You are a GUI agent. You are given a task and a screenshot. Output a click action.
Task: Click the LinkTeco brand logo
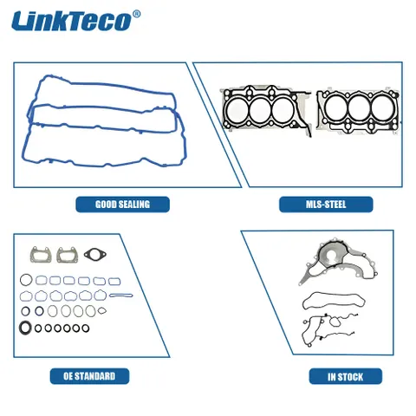click(75, 21)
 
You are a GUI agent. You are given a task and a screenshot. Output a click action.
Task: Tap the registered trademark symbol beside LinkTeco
click(136, 14)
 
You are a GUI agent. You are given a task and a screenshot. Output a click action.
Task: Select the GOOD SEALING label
click(122, 205)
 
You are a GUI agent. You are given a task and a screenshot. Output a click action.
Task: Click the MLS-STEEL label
click(326, 205)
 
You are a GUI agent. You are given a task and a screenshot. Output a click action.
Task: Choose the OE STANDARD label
click(89, 376)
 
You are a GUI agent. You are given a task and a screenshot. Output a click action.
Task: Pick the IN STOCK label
click(346, 377)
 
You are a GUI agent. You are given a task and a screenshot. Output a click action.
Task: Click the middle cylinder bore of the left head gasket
click(260, 110)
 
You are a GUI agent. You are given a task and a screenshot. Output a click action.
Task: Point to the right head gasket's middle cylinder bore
click(359, 108)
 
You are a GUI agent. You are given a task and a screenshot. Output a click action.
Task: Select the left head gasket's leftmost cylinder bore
click(237, 110)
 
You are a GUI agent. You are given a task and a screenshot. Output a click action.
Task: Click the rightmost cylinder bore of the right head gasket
click(382, 108)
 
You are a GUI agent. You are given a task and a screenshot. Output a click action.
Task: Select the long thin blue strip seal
click(121, 296)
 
